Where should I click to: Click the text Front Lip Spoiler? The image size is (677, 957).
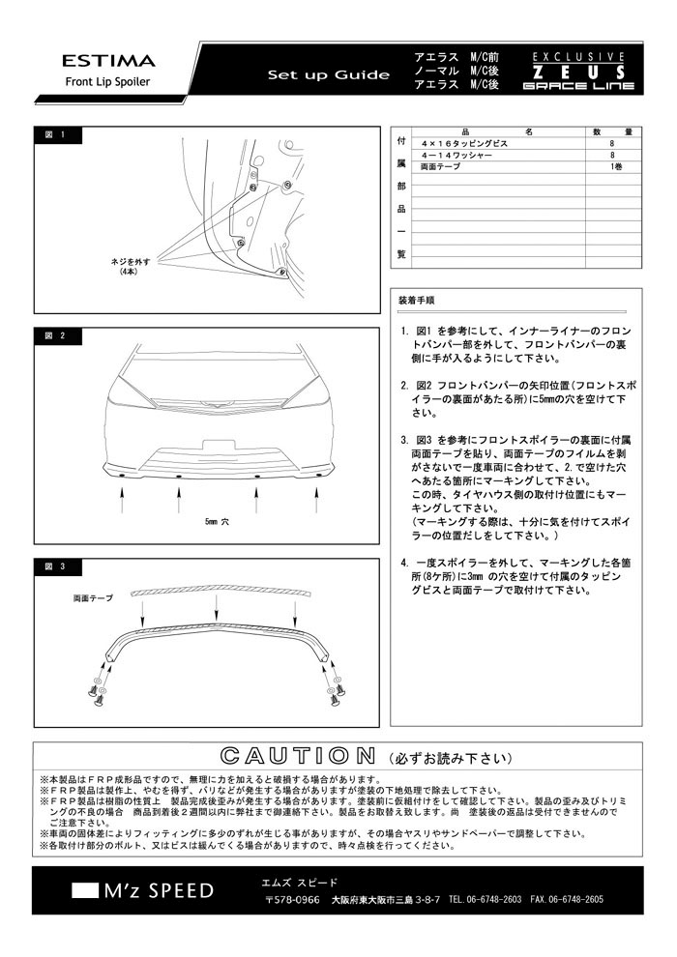pos(107,82)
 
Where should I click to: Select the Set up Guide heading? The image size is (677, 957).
pos(329,75)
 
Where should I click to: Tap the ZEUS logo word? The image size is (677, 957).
pos(578,72)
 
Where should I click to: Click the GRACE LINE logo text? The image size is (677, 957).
pos(578,86)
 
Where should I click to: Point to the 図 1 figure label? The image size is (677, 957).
pos(55,134)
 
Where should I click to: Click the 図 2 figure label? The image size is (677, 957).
pos(55,336)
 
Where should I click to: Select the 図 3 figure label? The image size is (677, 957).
pos(55,565)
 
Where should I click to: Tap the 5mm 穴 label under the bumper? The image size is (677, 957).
pos(218,521)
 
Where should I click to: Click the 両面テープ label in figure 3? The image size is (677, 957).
pos(92,599)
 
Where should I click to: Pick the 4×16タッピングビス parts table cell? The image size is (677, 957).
pos(458,143)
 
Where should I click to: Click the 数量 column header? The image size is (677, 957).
pos(611,131)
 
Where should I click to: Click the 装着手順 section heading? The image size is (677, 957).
pos(416,301)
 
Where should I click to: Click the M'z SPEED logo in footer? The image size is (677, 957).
pos(145,890)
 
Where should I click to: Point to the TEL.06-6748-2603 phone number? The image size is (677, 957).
pos(486,899)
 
